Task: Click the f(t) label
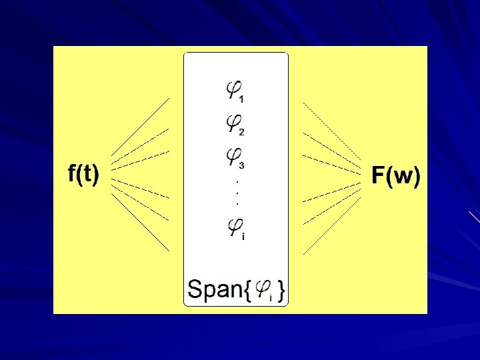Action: coord(84,175)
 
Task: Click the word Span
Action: coord(215,289)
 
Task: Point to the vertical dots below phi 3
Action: coord(238,192)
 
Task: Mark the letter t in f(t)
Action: coord(88,175)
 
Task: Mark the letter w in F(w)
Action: coord(401,177)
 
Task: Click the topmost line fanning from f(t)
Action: coord(141,126)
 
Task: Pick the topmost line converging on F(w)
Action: coord(333,131)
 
